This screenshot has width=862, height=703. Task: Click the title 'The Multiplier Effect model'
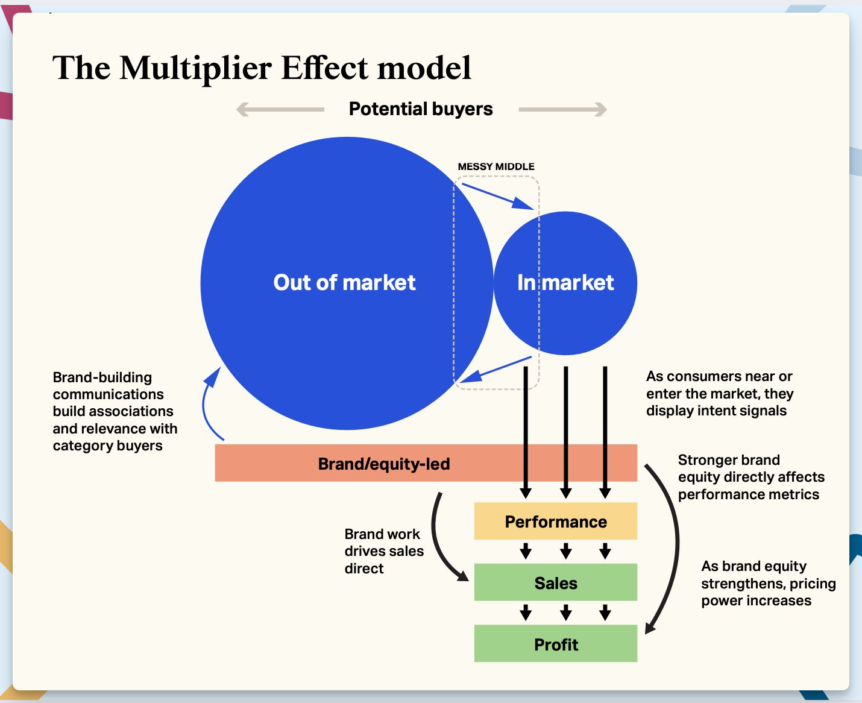click(x=262, y=68)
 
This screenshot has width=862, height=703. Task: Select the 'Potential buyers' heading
click(x=421, y=109)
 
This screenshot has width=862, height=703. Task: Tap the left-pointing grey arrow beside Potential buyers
click(x=280, y=110)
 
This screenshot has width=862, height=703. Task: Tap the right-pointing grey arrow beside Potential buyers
click(x=562, y=110)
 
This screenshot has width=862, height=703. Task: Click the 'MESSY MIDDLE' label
click(x=495, y=166)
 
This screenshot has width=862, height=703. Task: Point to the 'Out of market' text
click(x=344, y=282)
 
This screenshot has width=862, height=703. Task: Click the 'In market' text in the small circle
click(x=565, y=282)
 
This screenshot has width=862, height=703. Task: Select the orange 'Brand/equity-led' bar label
click(x=384, y=464)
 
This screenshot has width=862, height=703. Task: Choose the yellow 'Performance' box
click(x=555, y=522)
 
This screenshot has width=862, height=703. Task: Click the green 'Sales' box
click(x=555, y=583)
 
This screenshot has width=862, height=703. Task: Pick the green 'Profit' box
click(x=555, y=645)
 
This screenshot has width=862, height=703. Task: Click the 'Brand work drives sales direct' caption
click(x=383, y=551)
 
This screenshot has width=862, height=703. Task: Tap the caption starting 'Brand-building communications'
click(x=115, y=411)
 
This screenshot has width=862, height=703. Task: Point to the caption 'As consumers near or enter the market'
click(x=719, y=393)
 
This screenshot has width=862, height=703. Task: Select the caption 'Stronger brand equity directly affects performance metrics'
click(x=750, y=477)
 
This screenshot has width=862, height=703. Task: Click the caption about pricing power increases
click(x=768, y=583)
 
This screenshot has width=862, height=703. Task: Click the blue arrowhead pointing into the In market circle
click(x=523, y=203)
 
